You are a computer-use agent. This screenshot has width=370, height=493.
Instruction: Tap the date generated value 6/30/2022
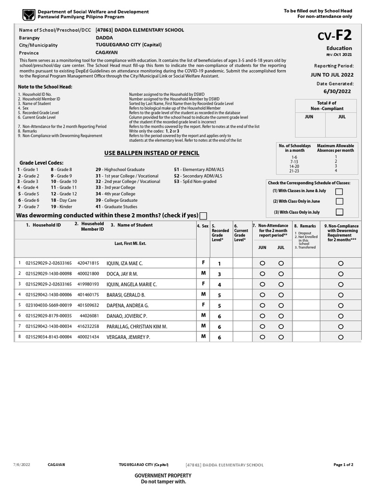tap(337, 91)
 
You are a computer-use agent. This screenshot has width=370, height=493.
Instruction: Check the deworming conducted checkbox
tap(203, 216)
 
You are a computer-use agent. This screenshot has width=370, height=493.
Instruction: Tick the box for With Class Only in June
tap(339, 201)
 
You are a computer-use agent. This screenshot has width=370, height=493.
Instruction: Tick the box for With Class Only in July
tap(339, 212)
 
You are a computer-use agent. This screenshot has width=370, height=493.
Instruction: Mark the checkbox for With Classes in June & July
tap(339, 191)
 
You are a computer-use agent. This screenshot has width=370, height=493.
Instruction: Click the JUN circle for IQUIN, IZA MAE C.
tap(262, 263)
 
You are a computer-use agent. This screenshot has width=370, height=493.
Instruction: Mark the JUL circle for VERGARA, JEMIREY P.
tap(281, 337)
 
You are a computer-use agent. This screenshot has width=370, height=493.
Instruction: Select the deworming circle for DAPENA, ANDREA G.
tap(341, 305)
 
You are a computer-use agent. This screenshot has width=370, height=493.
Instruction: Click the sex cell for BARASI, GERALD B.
tap(203, 294)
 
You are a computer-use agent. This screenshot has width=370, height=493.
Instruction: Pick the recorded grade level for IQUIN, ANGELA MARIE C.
tap(219, 285)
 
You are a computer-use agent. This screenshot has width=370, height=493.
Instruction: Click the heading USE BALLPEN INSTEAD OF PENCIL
tap(152, 153)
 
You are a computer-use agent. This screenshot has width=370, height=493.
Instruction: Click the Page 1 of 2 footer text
tap(343, 465)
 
